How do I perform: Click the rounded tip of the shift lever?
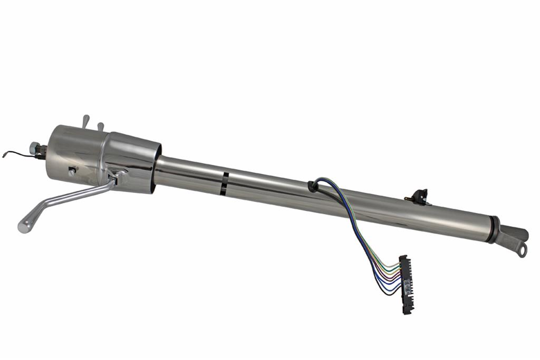pyautogui.click(x=23, y=226)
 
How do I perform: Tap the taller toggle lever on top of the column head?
pyautogui.click(x=86, y=121)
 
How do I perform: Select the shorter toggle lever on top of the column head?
pyautogui.click(x=100, y=127)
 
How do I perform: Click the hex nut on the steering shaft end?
pyautogui.click(x=35, y=149)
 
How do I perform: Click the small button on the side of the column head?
pyautogui.click(x=71, y=171)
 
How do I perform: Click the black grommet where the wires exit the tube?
pyautogui.click(x=312, y=186)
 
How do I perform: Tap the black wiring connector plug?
pyautogui.click(x=406, y=285)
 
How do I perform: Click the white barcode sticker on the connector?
pyautogui.click(x=407, y=286)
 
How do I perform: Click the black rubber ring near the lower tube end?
pyautogui.click(x=494, y=229)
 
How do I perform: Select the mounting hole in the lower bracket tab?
pyautogui.click(x=522, y=250)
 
